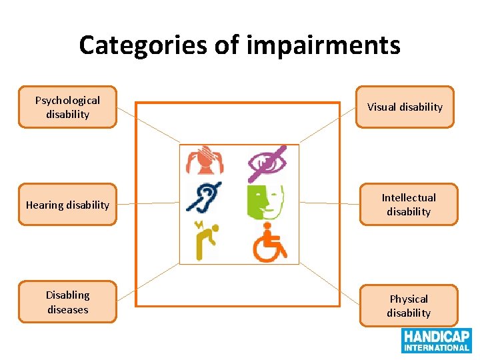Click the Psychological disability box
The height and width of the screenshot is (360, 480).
click(67, 107)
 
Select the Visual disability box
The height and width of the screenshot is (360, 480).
click(405, 107)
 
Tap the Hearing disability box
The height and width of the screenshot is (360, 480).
click(67, 205)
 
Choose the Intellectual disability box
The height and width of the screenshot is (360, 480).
click(409, 205)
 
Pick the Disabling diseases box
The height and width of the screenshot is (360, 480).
click(67, 302)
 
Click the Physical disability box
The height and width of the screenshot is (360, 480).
click(409, 306)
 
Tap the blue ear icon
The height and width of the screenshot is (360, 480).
click(204, 197)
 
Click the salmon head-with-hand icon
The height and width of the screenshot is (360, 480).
click(205, 161)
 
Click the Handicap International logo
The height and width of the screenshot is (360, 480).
click(436, 340)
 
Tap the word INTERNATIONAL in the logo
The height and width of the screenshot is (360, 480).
click(436, 347)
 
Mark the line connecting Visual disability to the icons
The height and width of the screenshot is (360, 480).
click(327, 125)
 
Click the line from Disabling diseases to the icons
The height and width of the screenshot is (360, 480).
click(148, 283)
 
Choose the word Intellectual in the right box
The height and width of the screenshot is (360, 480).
click(409, 197)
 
